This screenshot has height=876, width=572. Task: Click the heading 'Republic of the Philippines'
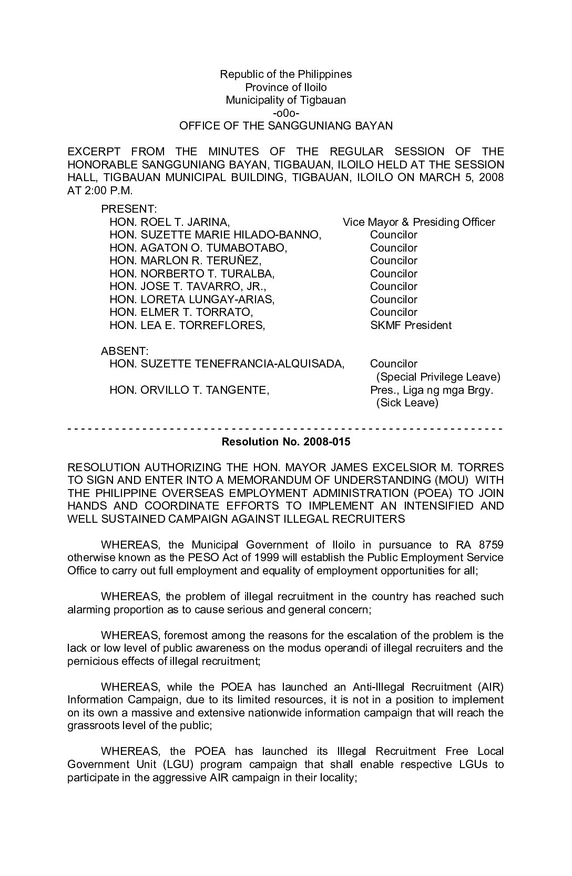click(x=285, y=74)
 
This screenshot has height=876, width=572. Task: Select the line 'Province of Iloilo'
click(x=285, y=87)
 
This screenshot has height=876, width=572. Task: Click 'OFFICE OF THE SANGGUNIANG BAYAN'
click(x=285, y=126)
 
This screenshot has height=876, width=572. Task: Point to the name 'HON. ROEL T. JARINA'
click(x=169, y=222)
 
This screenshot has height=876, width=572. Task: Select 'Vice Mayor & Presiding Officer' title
click(x=418, y=222)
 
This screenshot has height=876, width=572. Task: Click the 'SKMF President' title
click(x=410, y=325)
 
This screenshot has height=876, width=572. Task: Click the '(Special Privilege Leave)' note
click(x=438, y=377)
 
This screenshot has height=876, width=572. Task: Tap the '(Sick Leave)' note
click(x=407, y=403)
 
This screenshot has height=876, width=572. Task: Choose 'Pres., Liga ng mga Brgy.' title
click(x=431, y=390)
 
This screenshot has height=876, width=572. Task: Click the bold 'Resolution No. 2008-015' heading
click(x=285, y=442)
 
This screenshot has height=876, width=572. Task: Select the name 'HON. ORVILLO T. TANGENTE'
click(x=189, y=390)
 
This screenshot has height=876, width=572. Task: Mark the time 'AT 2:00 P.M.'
click(x=100, y=190)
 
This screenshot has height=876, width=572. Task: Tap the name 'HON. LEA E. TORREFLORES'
click(x=187, y=325)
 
